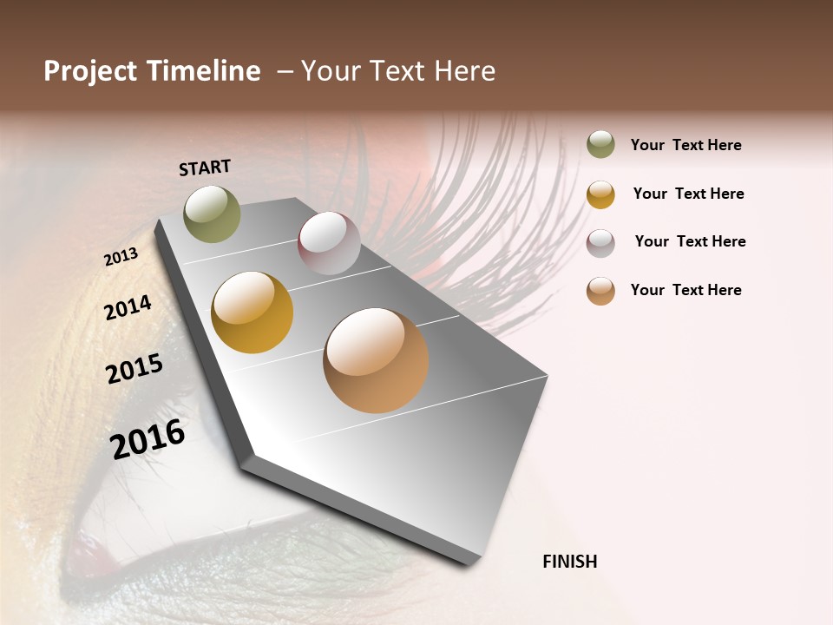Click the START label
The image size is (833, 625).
pyautogui.click(x=205, y=168)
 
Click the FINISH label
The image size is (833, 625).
pyautogui.click(x=569, y=562)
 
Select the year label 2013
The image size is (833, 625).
pyautogui.click(x=121, y=257)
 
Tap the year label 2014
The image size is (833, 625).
pyautogui.click(x=128, y=307)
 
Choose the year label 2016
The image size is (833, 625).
pyautogui.click(x=148, y=439)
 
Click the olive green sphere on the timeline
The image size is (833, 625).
pyautogui.click(x=213, y=214)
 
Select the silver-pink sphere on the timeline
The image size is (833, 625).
pyautogui.click(x=329, y=243)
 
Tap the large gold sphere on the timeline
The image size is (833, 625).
pyautogui.click(x=253, y=312)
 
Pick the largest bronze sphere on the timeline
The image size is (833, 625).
pyautogui.click(x=376, y=359)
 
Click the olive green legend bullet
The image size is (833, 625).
pyautogui.click(x=600, y=145)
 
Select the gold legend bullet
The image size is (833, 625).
pyautogui.click(x=600, y=194)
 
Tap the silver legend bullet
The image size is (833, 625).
pyautogui.click(x=600, y=242)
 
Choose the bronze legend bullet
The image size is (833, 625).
pyautogui.click(x=600, y=291)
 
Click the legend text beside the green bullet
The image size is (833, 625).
pyautogui.click(x=685, y=145)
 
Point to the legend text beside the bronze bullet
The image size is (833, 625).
pyautogui.click(x=685, y=290)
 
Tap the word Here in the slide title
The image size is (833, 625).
pyautogui.click(x=465, y=71)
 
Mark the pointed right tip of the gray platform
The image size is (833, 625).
pyautogui.click(x=547, y=377)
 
